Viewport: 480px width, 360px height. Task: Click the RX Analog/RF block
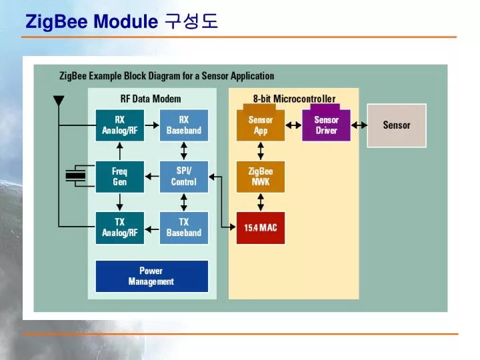click(x=120, y=125)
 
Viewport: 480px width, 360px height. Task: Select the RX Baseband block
click(x=184, y=125)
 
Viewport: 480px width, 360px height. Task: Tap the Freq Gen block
click(x=120, y=177)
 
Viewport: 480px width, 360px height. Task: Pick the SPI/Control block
click(x=184, y=177)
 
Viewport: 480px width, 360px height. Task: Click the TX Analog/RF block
click(x=120, y=227)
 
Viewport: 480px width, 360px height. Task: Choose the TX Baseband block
click(x=184, y=227)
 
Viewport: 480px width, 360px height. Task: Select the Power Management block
click(x=151, y=276)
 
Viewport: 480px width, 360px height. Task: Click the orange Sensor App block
click(x=261, y=125)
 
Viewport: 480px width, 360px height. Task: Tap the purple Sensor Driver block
click(x=326, y=125)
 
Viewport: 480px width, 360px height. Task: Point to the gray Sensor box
click(x=397, y=125)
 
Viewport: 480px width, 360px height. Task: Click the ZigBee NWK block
click(x=261, y=177)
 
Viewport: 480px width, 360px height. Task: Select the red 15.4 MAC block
click(x=261, y=228)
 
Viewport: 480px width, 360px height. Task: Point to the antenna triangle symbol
click(x=59, y=101)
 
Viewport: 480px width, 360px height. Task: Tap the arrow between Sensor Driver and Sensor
click(x=359, y=125)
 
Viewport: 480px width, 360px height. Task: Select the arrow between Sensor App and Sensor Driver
click(x=294, y=125)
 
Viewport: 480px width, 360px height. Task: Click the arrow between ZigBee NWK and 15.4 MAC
click(x=261, y=201)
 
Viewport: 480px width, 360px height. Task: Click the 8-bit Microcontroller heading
click(x=294, y=99)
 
